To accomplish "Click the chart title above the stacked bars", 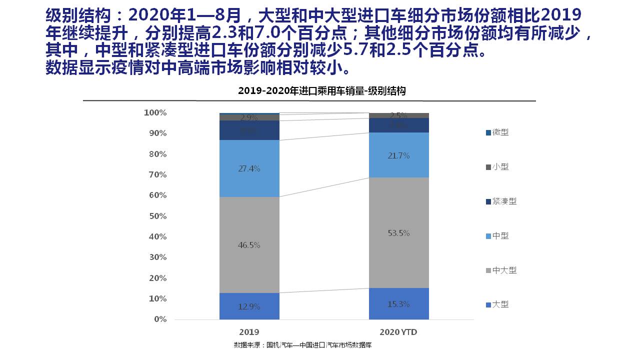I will [x=321, y=91].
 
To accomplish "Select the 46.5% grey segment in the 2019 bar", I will [x=249, y=245].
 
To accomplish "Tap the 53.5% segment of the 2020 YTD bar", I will [x=398, y=233].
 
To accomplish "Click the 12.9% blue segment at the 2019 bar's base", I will [x=249, y=306].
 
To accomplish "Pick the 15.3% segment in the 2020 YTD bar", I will [x=398, y=304].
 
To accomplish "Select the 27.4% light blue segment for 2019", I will [x=249, y=168].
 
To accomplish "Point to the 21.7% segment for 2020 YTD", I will [x=398, y=155].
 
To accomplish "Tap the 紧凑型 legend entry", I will [x=501, y=201].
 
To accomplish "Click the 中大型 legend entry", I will [x=501, y=270].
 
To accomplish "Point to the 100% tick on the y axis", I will [x=155, y=113].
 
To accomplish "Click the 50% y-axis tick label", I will [x=157, y=216].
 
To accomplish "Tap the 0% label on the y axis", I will [x=160, y=319].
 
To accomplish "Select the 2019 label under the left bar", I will [x=249, y=332].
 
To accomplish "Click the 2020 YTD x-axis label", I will [x=398, y=332].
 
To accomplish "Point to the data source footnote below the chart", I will [x=302, y=345].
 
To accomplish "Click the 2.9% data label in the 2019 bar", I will [x=249, y=118].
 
